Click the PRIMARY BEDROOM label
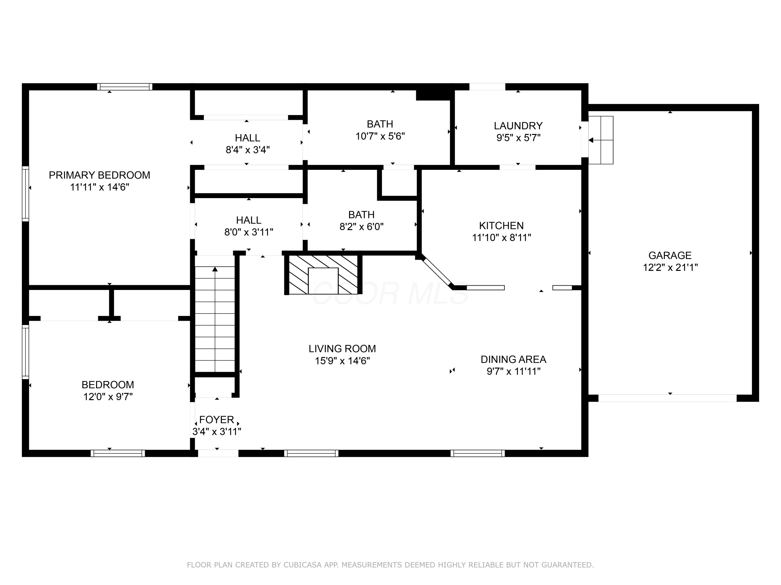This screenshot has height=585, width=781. click(99, 175)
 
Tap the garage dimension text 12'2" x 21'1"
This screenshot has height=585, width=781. click(670, 267)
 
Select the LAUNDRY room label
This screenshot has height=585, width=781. click(518, 126)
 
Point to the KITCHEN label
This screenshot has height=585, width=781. click(501, 225)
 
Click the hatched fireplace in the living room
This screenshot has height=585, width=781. click(323, 274)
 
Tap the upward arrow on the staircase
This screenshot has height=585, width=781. click(215, 270)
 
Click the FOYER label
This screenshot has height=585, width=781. click(216, 420)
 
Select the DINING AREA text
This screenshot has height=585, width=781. click(513, 359)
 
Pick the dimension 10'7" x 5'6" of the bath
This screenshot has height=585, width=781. click(380, 136)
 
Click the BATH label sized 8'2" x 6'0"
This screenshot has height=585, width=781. click(361, 214)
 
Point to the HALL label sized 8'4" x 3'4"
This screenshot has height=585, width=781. click(248, 138)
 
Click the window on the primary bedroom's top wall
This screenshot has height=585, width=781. click(125, 87)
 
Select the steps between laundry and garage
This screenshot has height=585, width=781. click(601, 140)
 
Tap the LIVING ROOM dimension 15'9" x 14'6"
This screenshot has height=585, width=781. click(342, 361)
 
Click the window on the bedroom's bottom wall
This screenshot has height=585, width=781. click(118, 453)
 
